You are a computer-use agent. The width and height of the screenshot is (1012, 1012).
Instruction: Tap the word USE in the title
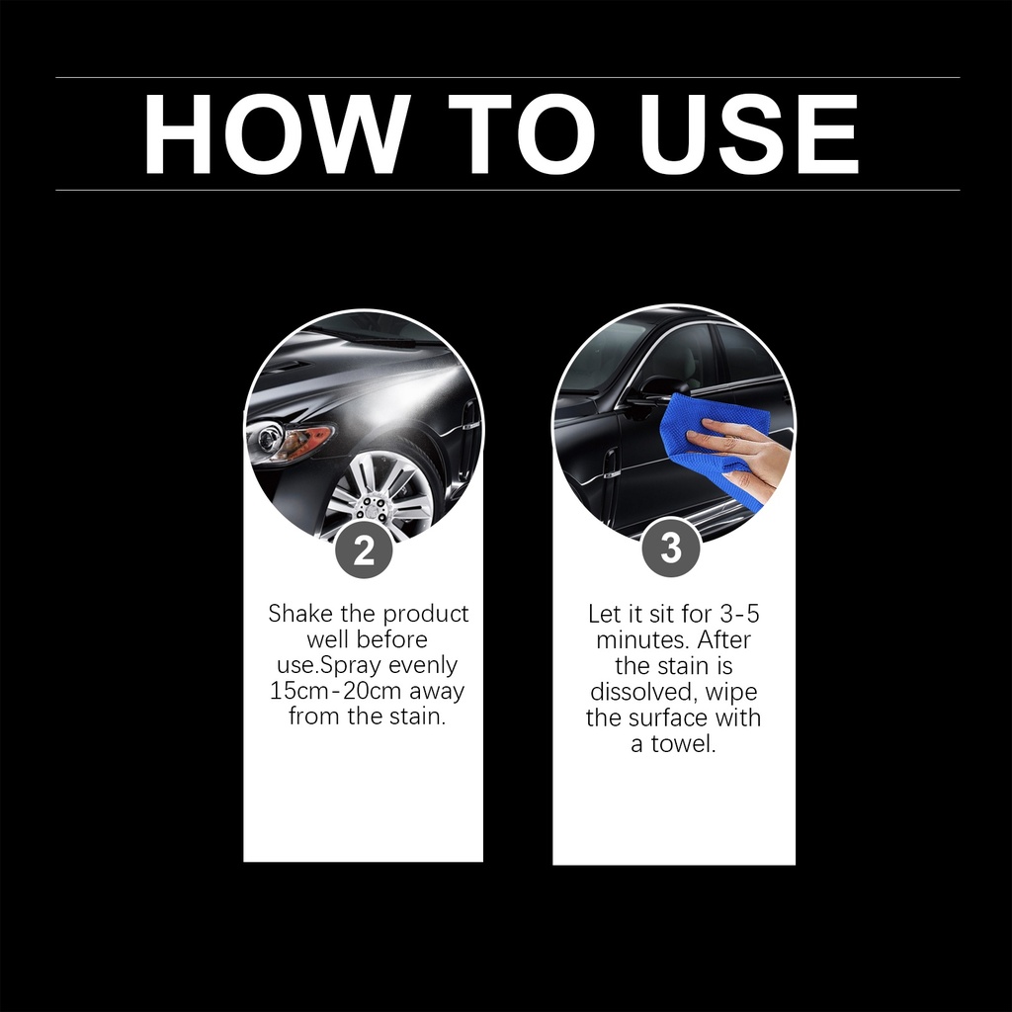click(x=749, y=134)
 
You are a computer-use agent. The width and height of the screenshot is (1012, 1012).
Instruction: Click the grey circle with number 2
click(x=364, y=550)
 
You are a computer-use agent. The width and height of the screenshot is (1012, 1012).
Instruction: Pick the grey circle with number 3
click(x=671, y=548)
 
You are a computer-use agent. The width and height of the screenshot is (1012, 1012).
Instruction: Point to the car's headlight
click(x=291, y=441)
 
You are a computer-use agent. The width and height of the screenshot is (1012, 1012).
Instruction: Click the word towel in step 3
click(x=683, y=743)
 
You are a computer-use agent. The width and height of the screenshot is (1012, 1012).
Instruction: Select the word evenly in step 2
click(x=423, y=666)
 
